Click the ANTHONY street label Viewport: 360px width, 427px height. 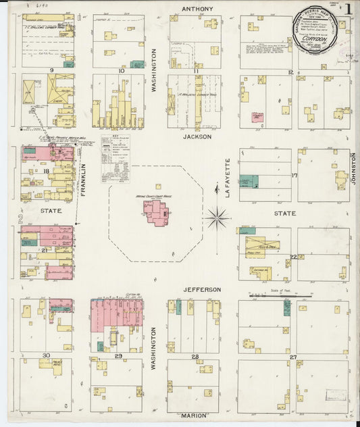(x=197, y=9)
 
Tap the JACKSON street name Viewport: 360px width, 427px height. (x=197, y=136)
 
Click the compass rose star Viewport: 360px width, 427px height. (x=217, y=218)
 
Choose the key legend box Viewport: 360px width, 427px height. (x=115, y=159)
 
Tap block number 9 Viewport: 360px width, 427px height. (x=51, y=70)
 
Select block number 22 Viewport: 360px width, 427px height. (x=293, y=257)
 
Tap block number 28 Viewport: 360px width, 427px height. (x=195, y=356)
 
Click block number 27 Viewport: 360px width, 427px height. (x=293, y=356)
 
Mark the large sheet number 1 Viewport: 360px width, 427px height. (x=348, y=9)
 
